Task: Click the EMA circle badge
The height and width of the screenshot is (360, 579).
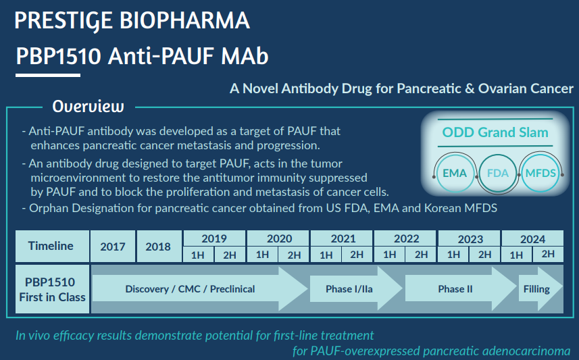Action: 455,173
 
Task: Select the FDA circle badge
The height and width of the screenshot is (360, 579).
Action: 497,173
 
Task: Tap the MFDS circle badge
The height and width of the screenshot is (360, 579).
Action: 540,173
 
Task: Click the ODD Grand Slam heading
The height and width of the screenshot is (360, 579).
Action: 495,132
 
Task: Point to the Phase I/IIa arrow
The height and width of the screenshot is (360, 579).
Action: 356,288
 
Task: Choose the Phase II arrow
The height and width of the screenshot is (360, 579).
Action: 461,288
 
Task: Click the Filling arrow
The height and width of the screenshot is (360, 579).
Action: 540,288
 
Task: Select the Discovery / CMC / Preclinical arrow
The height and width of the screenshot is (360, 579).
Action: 200,288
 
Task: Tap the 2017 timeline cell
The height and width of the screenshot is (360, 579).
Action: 113,247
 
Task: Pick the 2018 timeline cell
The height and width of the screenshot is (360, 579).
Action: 159,247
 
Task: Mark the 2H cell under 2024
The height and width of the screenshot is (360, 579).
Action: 548,255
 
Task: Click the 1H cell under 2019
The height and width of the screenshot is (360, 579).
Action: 198,255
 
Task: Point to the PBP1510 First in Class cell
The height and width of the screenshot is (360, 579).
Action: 52,289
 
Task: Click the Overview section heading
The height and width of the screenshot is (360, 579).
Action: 89,106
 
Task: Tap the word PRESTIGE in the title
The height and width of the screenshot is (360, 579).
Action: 63,20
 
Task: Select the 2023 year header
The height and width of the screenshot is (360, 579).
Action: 470,238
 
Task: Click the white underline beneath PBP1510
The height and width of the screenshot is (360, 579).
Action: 48,76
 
